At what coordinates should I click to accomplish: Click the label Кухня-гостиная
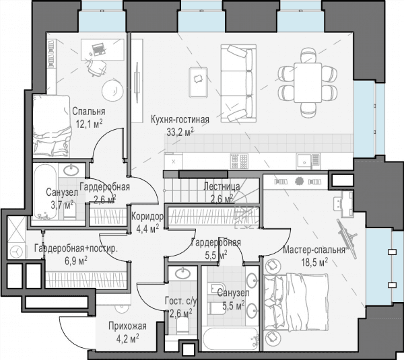pos(180,120)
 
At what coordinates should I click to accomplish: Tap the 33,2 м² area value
pos(180,132)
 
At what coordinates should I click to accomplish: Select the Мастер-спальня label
pos(314,250)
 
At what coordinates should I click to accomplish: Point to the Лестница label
pos(222,186)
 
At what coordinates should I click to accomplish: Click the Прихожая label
pos(127,326)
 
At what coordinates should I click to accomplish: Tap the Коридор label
pos(147,217)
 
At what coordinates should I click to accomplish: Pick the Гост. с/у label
pos(181,301)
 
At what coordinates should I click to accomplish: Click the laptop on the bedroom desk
pos(98,49)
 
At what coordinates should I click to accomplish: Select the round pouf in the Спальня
pos(112,90)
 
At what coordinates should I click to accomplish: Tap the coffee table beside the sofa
pos(199,82)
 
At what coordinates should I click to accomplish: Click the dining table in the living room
pos(308,83)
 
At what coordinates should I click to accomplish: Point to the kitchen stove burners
pos(239,161)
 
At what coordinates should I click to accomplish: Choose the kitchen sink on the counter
pos(304,161)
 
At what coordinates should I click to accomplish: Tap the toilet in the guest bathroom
pos(183,325)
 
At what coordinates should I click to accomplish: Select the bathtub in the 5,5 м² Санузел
pos(230,338)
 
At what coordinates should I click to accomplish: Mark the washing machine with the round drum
pos(16,251)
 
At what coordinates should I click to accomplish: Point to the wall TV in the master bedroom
pos(347,238)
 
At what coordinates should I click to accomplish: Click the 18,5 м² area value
pos(314,262)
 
